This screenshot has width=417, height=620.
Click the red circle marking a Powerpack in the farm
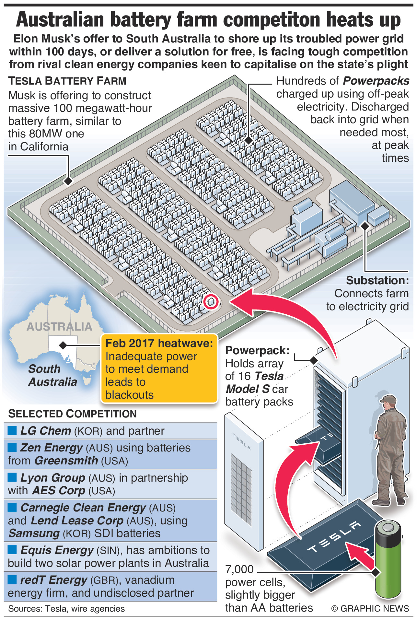point(211,301)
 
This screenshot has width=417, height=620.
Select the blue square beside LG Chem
point(12,430)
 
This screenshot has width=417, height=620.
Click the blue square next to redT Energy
point(12,579)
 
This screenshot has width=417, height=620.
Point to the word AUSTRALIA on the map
point(59,327)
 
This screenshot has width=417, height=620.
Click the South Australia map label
point(52,375)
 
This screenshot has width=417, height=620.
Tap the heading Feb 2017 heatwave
point(159,343)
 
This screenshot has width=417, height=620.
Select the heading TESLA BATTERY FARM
point(67,81)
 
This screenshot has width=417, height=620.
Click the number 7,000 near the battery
point(239,569)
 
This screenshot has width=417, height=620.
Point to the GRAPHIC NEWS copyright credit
point(370,608)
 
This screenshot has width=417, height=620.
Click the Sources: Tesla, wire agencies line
point(66,609)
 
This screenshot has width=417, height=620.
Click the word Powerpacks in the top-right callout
point(376,81)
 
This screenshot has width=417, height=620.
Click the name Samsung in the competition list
point(34,533)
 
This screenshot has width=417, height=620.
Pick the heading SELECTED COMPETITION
point(72,414)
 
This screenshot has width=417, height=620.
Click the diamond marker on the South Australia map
point(63,345)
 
